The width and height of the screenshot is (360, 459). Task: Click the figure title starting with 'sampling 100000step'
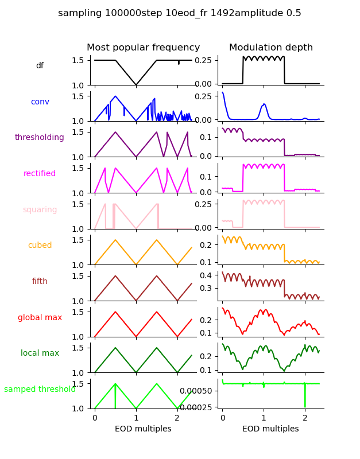[180, 13]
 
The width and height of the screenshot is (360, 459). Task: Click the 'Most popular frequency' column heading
[144, 48]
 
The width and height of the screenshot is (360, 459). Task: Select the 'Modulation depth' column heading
[271, 48]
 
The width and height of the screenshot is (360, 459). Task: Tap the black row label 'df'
[40, 66]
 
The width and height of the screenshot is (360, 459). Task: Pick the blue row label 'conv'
[40, 102]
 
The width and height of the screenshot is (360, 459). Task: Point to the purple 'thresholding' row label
[40, 138]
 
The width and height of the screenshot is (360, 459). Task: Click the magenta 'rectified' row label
[40, 174]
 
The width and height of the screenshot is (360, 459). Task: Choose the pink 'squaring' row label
[40, 210]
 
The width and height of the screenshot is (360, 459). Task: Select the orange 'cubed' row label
[40, 246]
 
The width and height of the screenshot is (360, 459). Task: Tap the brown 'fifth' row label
[40, 282]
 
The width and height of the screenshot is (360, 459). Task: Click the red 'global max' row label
[40, 318]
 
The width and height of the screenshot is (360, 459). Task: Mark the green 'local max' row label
[40, 353]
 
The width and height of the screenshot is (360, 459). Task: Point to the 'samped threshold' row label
[40, 390]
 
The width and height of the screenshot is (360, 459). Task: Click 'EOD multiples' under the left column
[143, 429]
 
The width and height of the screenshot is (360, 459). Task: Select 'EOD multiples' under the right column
[270, 429]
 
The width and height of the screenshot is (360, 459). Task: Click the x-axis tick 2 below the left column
[177, 418]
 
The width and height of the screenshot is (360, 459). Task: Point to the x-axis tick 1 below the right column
[264, 418]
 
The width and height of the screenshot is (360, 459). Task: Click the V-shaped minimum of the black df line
[136, 85]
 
